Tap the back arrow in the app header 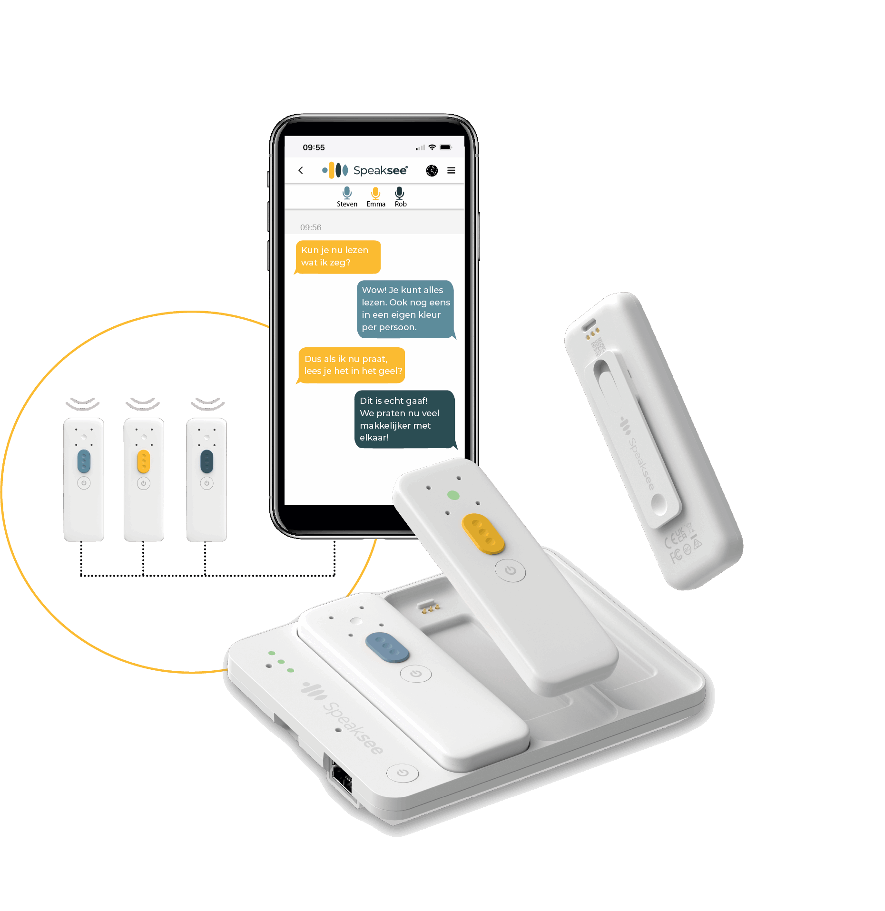(x=301, y=170)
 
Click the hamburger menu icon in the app (x=451, y=170)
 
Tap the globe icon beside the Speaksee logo (x=432, y=170)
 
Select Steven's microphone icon (x=347, y=193)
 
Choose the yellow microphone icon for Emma (x=376, y=193)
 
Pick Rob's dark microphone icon (x=400, y=193)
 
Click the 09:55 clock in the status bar (x=314, y=147)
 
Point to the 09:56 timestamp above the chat (x=311, y=227)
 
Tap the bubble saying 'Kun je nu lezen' (x=338, y=257)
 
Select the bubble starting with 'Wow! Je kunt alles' (x=405, y=309)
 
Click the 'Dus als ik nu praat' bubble (x=352, y=365)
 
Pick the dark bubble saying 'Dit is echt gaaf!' (x=404, y=419)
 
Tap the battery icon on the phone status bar (x=445, y=147)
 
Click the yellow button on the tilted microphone (x=483, y=533)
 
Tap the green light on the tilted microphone (x=453, y=495)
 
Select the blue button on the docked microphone (x=387, y=647)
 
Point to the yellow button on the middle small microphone (x=143, y=461)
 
